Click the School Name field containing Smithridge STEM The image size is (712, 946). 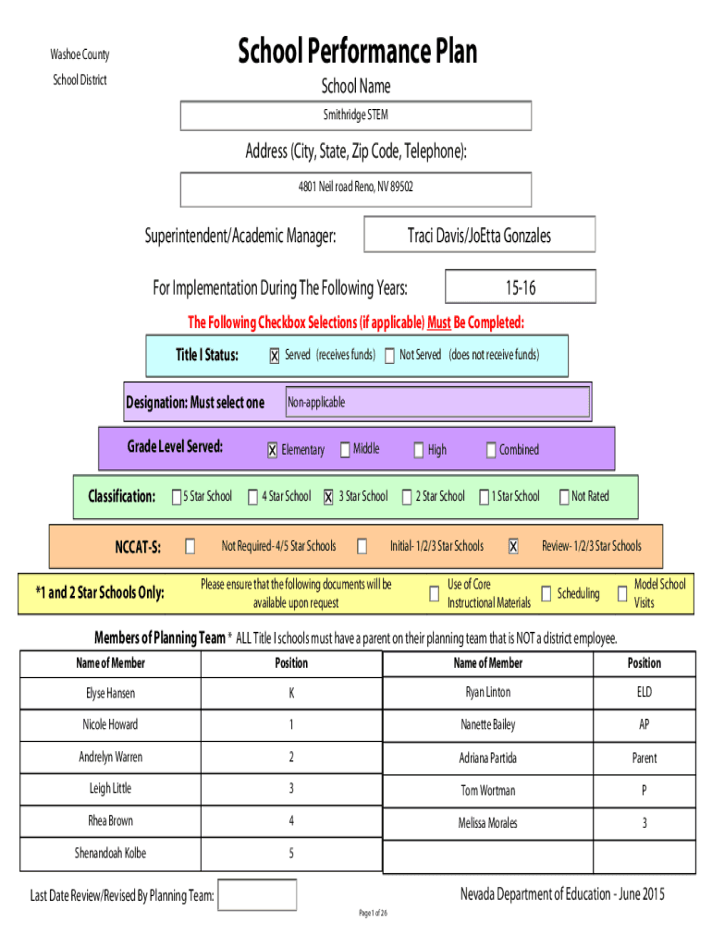pyautogui.click(x=356, y=115)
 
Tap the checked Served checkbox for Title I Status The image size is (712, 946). pyautogui.click(x=275, y=356)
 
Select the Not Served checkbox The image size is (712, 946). pyautogui.click(x=389, y=356)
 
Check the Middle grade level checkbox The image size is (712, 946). pyautogui.click(x=345, y=450)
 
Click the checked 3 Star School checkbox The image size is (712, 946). pyautogui.click(x=328, y=496)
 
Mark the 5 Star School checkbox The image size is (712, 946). pyautogui.click(x=177, y=496)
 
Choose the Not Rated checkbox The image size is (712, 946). pyautogui.click(x=563, y=496)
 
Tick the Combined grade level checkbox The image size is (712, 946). pyautogui.click(x=491, y=450)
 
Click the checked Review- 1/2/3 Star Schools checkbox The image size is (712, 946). pyautogui.click(x=512, y=546)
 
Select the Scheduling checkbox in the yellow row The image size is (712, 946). pyautogui.click(x=546, y=594)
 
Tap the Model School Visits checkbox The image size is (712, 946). pyautogui.click(x=622, y=594)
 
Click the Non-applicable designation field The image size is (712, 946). pyautogui.click(x=437, y=402)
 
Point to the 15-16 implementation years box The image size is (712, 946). pyautogui.click(x=521, y=286)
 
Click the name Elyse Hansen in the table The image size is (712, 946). pyautogui.click(x=111, y=693)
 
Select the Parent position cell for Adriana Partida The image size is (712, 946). pyautogui.click(x=644, y=758)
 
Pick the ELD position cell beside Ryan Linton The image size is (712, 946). pyautogui.click(x=644, y=693)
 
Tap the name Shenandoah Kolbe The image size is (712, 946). pyautogui.click(x=111, y=853)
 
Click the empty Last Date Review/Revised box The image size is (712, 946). pyautogui.click(x=257, y=894)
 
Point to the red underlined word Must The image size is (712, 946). pyautogui.click(x=439, y=322)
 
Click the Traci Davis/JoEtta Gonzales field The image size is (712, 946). pyautogui.click(x=480, y=235)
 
